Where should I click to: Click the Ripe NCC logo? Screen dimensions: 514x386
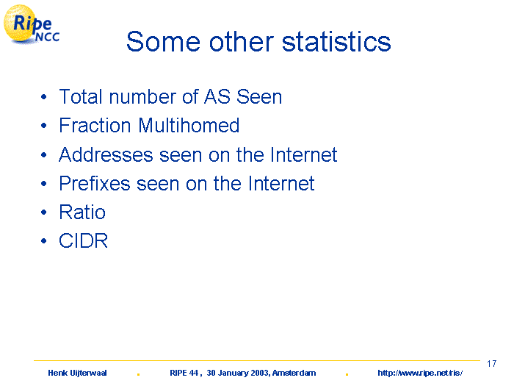[x=31, y=24]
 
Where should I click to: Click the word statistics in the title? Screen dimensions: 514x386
[x=336, y=42]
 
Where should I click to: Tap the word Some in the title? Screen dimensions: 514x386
[x=163, y=42]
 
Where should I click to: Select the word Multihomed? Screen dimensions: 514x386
[x=189, y=126]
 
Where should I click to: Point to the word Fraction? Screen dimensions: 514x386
[x=95, y=126]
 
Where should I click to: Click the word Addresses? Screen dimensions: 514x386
[x=106, y=154]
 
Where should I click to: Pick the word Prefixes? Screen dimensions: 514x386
[x=95, y=183]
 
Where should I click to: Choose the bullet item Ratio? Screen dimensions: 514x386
[x=82, y=212]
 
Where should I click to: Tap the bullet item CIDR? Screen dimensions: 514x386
[x=83, y=241]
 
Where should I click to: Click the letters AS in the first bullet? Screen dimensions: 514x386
[x=217, y=97]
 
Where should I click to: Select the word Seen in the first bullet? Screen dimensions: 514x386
[x=259, y=97]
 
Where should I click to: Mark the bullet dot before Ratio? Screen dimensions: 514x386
[x=44, y=212]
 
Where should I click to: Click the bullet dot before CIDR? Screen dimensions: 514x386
[x=44, y=241]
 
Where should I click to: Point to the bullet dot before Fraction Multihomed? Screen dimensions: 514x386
[x=44, y=126]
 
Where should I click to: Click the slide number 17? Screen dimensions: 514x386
[x=491, y=364]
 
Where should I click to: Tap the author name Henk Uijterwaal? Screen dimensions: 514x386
[x=77, y=373]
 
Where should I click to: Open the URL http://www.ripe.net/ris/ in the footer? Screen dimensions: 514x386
[x=420, y=373]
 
